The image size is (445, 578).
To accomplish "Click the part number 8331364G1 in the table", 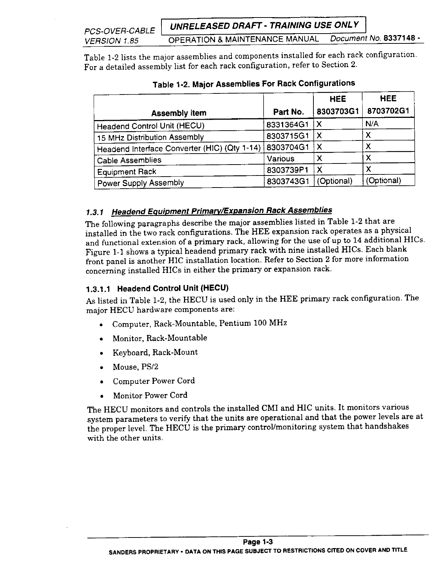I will (288, 124).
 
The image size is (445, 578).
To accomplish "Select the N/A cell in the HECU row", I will (372, 124).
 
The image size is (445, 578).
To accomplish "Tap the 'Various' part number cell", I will (281, 159).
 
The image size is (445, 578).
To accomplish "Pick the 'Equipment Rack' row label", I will (126, 172).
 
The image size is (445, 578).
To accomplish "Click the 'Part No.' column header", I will (288, 112).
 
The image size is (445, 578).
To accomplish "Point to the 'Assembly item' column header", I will (179, 113).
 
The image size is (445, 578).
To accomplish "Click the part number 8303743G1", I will (288, 181).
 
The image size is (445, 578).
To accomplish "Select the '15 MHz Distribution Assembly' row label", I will (150, 137).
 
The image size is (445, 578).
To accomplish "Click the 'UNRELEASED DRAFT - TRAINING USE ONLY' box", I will (265, 25).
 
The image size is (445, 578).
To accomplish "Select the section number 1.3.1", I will (95, 212).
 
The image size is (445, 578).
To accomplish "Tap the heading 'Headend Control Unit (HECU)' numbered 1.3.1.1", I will (173, 289).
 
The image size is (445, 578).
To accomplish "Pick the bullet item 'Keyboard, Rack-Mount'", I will (155, 352).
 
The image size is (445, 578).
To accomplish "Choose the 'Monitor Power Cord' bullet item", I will (150, 396).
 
